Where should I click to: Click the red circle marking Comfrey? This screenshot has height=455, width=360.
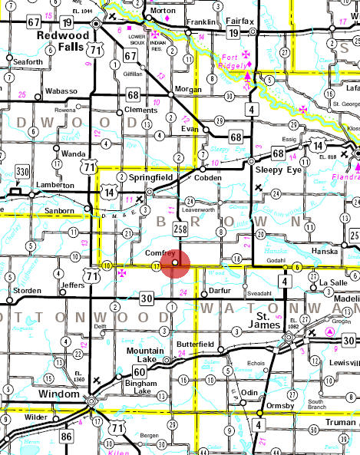[x=175, y=262]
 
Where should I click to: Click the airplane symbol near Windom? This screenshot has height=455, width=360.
[x=95, y=380]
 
